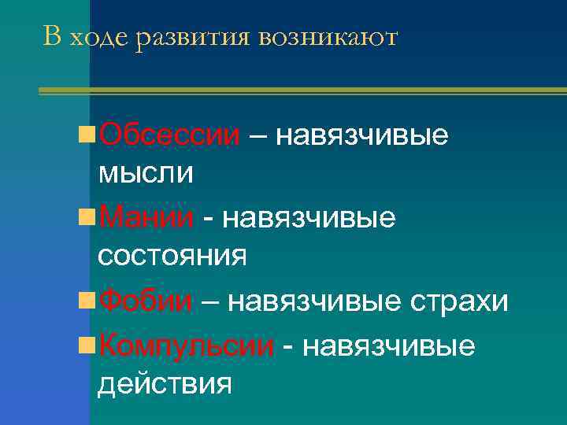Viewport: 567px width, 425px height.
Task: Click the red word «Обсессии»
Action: tap(169, 135)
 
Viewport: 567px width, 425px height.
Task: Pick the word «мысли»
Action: tap(146, 172)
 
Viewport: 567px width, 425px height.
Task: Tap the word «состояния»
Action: tap(172, 255)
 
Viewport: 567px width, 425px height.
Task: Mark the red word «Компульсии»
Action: tap(187, 345)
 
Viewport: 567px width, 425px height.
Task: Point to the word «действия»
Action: tap(165, 384)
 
